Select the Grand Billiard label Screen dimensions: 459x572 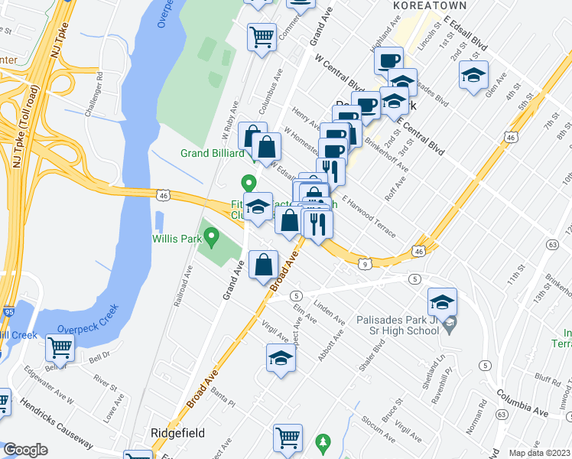[x=212, y=153]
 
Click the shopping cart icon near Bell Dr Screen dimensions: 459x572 [x=60, y=348]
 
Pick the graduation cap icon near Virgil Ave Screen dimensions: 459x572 [x=281, y=357]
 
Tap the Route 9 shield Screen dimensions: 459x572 [x=366, y=265]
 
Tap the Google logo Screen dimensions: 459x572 [x=25, y=450]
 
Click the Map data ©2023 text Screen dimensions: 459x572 [x=539, y=453]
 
